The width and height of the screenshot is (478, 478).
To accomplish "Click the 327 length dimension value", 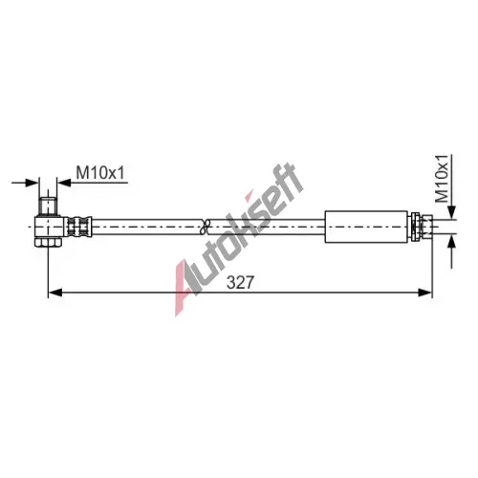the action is pos(240,282).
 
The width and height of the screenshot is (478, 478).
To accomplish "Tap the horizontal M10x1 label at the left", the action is pos(100,172).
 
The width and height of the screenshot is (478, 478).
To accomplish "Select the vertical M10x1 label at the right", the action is pos(442,179).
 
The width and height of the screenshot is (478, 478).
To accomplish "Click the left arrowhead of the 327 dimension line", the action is pos(54,293).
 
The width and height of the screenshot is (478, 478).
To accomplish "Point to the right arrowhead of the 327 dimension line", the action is pos(425,293).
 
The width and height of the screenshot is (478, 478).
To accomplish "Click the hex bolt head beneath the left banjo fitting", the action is pos(48,242).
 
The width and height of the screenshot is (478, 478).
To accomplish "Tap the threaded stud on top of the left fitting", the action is pos(48,206).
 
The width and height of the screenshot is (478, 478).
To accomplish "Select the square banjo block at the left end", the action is pos(48,227).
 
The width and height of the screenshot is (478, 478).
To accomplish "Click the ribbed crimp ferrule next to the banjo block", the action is pos(78,227).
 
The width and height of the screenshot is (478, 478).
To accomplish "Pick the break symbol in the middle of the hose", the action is pos(206,227).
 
